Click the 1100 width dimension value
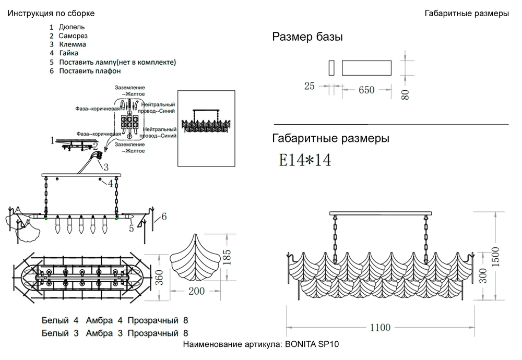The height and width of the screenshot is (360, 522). (380, 328)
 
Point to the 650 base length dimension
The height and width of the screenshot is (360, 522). (366, 90)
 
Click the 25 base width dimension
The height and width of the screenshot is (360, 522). (310, 86)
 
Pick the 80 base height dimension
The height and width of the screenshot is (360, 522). (406, 94)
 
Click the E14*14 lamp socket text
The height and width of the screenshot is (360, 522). (305, 160)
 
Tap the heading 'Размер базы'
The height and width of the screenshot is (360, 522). (307, 37)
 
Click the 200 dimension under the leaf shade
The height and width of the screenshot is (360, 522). (196, 291)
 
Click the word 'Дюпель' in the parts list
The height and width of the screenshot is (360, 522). (72, 27)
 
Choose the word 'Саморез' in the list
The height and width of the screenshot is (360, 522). (73, 35)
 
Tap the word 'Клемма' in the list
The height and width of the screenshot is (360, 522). (73, 44)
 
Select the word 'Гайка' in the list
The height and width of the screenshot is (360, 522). (69, 53)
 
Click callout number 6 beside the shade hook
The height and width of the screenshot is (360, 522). (164, 217)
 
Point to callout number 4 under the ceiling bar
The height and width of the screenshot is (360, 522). (111, 183)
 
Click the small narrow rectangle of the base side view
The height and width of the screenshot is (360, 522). (331, 68)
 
